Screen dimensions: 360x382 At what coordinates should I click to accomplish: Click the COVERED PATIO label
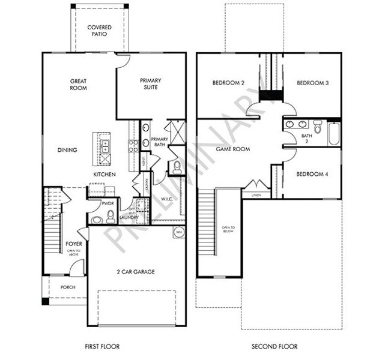[x=99, y=31]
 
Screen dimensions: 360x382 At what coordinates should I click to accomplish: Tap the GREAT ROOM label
[x=78, y=84]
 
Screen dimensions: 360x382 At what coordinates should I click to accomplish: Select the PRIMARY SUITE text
[x=150, y=84]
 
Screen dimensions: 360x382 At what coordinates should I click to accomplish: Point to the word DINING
[x=67, y=150]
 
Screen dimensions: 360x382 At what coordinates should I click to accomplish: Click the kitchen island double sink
[x=105, y=148]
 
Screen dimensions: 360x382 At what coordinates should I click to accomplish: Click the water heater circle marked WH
[x=178, y=232]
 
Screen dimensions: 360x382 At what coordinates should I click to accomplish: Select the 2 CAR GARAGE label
[x=136, y=272]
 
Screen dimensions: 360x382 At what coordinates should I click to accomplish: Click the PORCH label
[x=68, y=287]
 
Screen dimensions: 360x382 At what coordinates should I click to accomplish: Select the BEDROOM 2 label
[x=228, y=83]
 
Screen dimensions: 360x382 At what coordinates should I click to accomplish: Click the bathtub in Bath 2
[x=334, y=134]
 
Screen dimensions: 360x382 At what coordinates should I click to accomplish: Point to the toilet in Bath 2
[x=318, y=127]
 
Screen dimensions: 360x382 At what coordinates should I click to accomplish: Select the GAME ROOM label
[x=232, y=149]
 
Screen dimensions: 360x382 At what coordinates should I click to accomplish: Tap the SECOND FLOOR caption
[x=274, y=346]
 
